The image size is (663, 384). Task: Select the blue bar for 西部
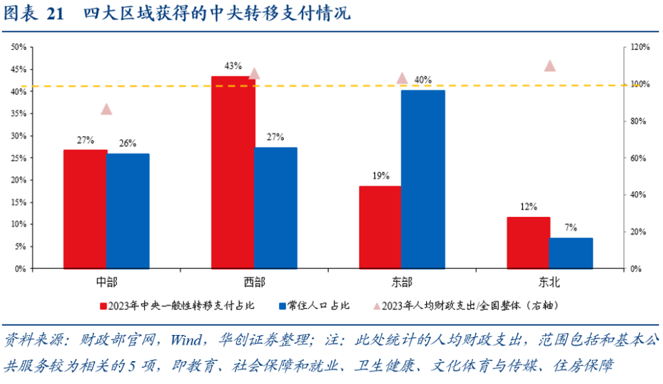(x=276, y=208)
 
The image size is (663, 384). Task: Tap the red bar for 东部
(x=380, y=227)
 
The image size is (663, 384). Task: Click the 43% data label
(x=233, y=66)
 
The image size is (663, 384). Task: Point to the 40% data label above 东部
(x=423, y=80)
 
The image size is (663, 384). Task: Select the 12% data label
(x=528, y=207)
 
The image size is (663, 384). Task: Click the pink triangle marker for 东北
(x=550, y=66)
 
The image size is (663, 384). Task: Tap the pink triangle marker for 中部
(x=106, y=109)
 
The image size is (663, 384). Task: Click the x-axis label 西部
(x=253, y=282)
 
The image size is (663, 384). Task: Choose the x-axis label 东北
(x=550, y=282)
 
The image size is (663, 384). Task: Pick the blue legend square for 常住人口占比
(x=282, y=305)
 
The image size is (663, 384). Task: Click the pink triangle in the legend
(x=376, y=305)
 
